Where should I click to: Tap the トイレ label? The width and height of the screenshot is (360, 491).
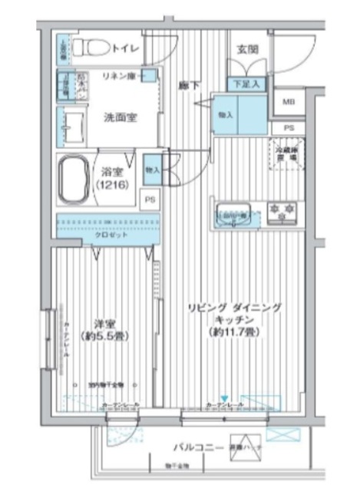pyautogui.click(x=125, y=48)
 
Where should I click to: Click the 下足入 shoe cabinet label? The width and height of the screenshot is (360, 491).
pyautogui.click(x=246, y=84)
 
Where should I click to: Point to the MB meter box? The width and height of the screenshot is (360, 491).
pyautogui.click(x=288, y=101)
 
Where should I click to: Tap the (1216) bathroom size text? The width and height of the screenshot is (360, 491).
pyautogui.click(x=111, y=186)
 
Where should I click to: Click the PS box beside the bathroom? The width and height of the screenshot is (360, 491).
pyautogui.click(x=150, y=198)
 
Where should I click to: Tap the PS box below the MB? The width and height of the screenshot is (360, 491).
pyautogui.click(x=288, y=127)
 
